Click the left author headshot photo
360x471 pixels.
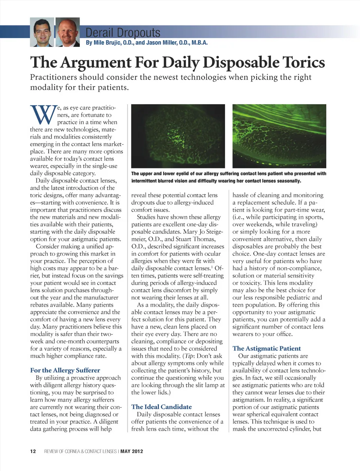coord(42,32)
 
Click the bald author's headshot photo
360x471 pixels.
coord(67,32)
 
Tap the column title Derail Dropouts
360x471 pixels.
coord(123,33)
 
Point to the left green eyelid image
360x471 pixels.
coord(178,136)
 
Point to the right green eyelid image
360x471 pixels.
coord(279,136)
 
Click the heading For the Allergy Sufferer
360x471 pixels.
coord(65,370)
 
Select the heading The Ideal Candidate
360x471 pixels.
coord(161,407)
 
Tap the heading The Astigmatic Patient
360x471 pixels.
coord(266,348)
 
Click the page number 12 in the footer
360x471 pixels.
coord(33,451)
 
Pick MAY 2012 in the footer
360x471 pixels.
coord(132,451)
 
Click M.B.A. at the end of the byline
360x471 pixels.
coord(199,43)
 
